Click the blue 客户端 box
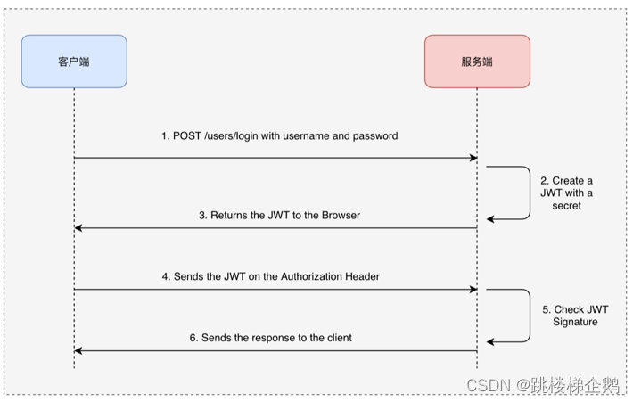(x=74, y=62)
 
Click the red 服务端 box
(x=477, y=62)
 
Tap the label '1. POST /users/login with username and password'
(x=279, y=136)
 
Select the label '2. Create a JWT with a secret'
(x=566, y=193)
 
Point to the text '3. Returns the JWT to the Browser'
(x=279, y=215)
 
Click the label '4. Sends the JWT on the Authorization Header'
(x=271, y=276)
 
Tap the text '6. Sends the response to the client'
(x=271, y=338)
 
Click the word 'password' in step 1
(x=374, y=136)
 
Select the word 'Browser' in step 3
(x=340, y=215)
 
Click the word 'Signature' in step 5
(x=575, y=321)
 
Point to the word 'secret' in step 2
(x=566, y=205)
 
